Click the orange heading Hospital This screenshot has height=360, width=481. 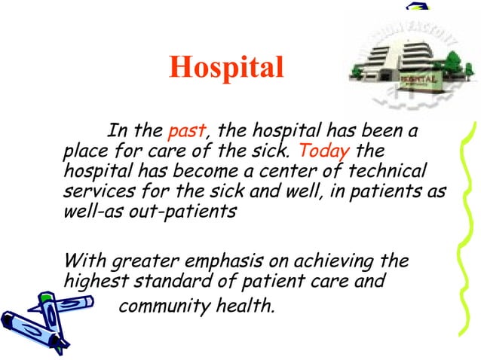point(226,67)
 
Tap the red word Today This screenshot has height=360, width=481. point(325,151)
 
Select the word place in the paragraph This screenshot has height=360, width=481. point(84,151)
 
